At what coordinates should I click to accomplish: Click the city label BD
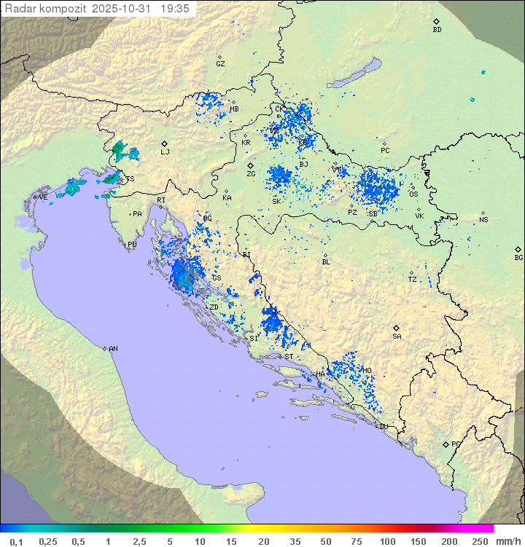(437, 30)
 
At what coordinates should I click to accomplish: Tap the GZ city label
(220, 64)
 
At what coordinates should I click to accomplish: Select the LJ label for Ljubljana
(165, 151)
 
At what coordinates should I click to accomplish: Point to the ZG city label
(251, 174)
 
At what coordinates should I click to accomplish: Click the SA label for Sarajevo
(397, 336)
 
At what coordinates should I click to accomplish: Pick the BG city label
(518, 257)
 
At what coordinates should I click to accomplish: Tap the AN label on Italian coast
(113, 349)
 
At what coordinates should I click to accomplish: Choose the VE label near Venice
(43, 197)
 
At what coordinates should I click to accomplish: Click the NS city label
(483, 220)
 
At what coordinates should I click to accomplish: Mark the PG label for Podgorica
(456, 444)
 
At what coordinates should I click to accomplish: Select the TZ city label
(413, 279)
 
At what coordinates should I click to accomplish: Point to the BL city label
(326, 261)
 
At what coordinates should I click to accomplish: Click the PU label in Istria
(132, 245)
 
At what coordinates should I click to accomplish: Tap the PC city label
(385, 151)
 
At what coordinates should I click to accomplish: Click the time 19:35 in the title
(174, 8)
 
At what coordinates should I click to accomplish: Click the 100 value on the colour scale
(387, 541)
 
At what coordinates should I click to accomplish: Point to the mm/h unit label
(505, 541)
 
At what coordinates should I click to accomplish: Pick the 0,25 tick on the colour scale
(48, 541)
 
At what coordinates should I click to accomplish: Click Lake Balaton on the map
(354, 74)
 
